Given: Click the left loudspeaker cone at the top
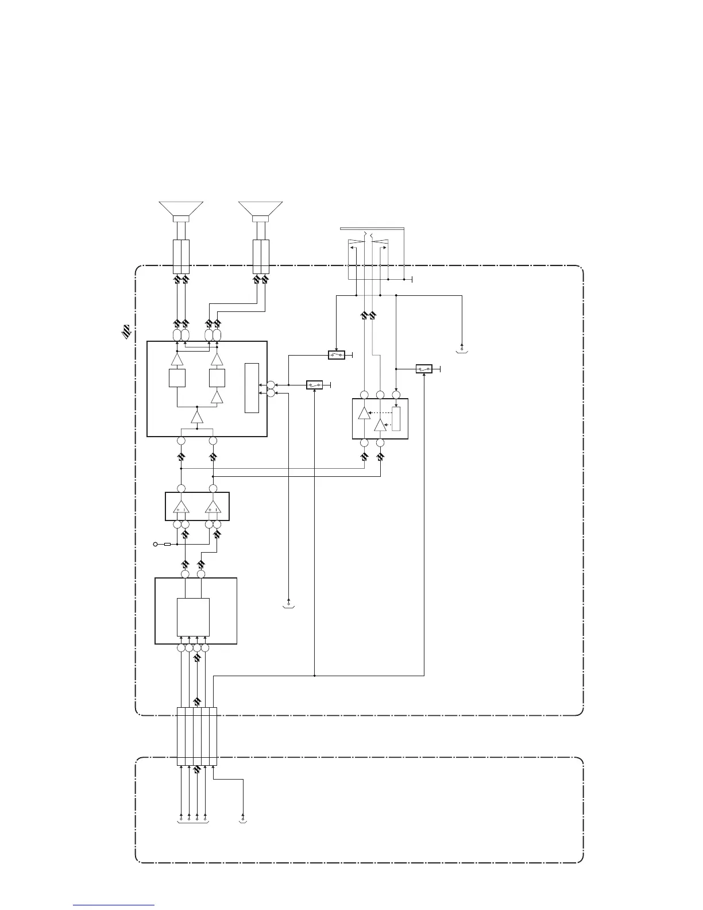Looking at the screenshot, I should coord(181,209).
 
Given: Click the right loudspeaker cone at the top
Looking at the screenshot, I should coord(261,209).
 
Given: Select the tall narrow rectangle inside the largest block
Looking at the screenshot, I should coord(252,388).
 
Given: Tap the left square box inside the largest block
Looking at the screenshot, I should coord(177,378).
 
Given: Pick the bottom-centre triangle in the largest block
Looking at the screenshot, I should coord(197,417).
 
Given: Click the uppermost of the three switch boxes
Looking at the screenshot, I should coord(337,355).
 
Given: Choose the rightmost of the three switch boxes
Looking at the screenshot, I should coord(424,369).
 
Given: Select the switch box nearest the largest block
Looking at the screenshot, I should coord(314,384).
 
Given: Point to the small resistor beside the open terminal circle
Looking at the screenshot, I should coord(168,543).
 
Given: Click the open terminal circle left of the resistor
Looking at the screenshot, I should coord(155,543).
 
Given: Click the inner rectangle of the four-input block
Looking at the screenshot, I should coord(193,617).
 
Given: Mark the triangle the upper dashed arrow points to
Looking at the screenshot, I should coord(364,413).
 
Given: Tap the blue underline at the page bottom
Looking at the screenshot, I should coord(114,905).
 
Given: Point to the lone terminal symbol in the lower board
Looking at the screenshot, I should coord(243,816).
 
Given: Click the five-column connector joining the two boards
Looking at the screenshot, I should coord(197,737).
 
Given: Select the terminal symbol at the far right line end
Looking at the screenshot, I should coord(462,348).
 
